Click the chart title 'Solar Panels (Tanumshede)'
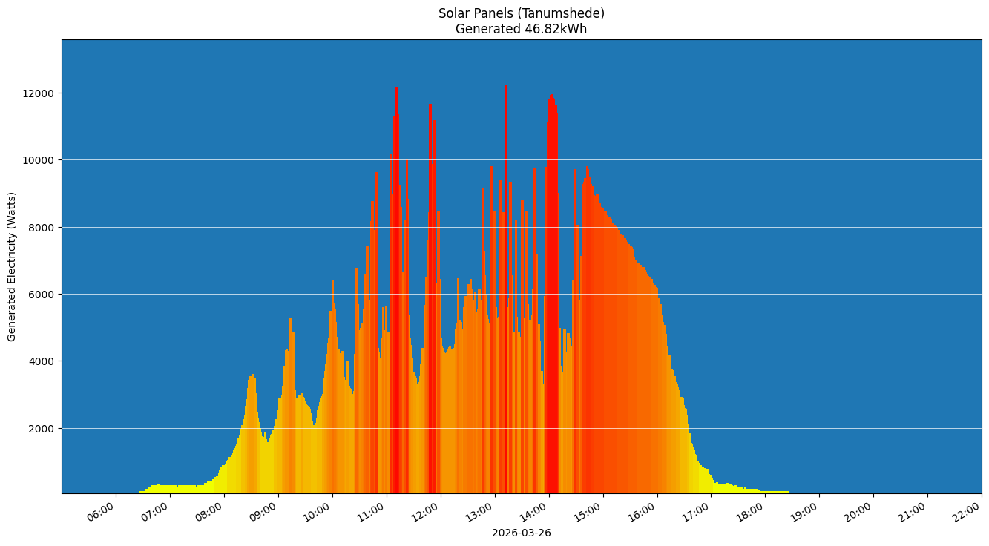pyautogui.click(x=521, y=13)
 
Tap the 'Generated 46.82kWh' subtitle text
pyautogui.click(x=521, y=30)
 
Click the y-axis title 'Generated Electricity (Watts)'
pyautogui.click(x=12, y=266)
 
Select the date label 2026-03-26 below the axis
pyautogui.click(x=521, y=533)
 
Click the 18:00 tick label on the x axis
pyautogui.click(x=751, y=512)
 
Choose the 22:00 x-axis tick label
pyautogui.click(x=967, y=512)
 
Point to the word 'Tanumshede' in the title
pyautogui.click(x=566, y=13)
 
